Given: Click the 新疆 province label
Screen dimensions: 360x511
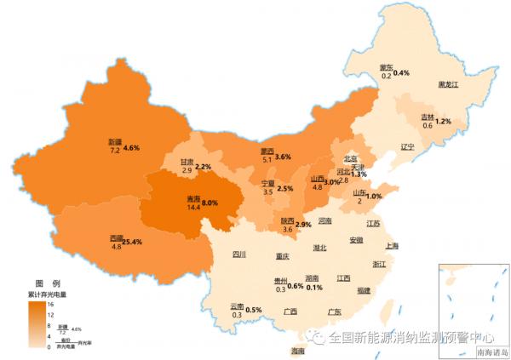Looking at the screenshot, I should pos(115,141).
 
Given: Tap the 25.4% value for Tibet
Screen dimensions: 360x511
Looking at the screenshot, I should pos(131,243).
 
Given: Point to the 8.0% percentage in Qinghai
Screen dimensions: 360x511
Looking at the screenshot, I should pos(210,203).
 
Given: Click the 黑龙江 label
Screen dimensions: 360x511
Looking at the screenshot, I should pos(448,85).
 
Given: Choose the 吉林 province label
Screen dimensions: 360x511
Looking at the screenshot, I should pos(427,117).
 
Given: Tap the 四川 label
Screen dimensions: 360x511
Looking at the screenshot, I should pos(238,254).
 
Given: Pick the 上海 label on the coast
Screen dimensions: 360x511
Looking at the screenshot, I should pos(393,246).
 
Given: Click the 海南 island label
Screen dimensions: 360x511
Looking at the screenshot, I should pos(297,351).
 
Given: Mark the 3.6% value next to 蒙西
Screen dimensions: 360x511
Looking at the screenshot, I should pos(284,157).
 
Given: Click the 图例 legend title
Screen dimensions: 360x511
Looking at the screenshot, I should pos(47,283).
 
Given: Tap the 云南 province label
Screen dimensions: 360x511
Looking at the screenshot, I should pos(237,306).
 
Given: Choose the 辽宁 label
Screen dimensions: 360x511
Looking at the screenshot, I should pos(406,146).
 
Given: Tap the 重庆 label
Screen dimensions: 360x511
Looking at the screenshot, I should pos(283,255).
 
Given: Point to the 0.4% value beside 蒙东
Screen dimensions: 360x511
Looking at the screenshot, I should pos(401,72).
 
